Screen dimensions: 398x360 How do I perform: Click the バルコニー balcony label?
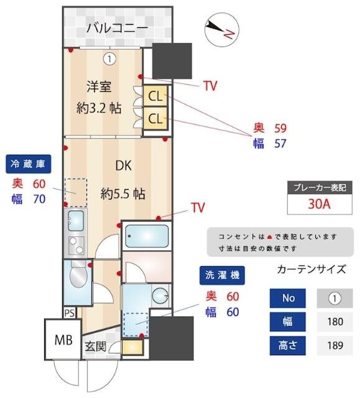point(117,27)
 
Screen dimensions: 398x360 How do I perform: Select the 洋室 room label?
point(98,87)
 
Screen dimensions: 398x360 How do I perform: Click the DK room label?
point(123,165)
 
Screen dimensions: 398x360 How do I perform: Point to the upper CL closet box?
point(155,96)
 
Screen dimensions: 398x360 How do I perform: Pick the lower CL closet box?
point(155,118)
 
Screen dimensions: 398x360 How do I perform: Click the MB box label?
point(63,340)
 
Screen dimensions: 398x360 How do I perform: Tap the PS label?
point(69,313)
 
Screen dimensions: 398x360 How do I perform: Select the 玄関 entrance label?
point(96,346)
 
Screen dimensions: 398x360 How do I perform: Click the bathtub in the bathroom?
point(145,236)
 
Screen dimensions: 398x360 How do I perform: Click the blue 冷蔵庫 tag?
point(28,164)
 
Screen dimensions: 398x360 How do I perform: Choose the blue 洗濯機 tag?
point(221,274)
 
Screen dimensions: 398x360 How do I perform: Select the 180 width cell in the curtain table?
point(335,322)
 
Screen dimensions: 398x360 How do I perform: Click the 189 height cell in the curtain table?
point(335,345)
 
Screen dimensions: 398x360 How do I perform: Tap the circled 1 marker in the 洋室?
point(109,59)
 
